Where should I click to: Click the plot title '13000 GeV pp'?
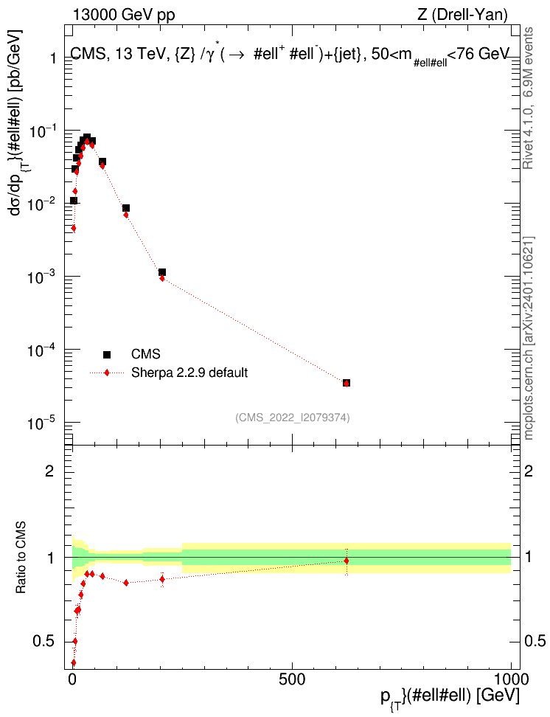123,15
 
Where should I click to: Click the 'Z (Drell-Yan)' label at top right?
462,15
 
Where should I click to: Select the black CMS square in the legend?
107,354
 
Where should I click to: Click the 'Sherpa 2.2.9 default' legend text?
189,373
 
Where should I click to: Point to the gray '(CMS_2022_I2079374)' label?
293,418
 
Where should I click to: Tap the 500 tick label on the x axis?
292,679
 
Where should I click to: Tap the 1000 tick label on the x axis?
510,679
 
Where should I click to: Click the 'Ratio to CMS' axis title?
21,558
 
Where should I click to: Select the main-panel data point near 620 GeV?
347,383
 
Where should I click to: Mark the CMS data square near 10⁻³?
162,272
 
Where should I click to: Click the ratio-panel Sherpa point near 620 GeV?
347,561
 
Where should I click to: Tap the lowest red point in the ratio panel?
73,662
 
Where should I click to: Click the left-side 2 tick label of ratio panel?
49,471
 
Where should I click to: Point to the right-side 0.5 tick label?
535,641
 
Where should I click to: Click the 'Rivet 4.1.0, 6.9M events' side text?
529,98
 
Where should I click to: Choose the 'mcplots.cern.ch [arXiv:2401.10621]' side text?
529,339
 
